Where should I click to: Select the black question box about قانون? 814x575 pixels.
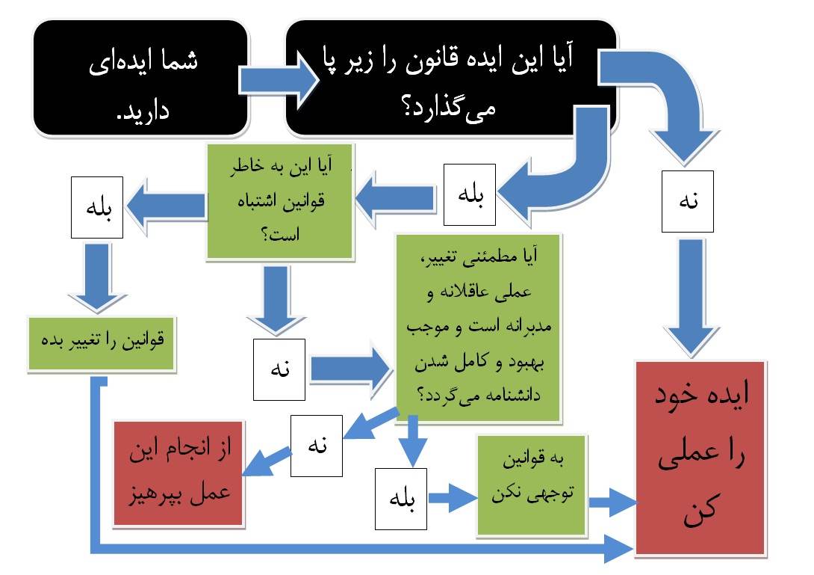(451, 79)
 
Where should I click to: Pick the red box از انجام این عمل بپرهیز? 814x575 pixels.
(180, 473)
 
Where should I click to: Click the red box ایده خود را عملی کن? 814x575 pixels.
(700, 458)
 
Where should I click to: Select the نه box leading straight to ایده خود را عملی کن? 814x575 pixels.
(687, 202)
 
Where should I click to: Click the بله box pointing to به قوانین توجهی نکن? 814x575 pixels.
(404, 497)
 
